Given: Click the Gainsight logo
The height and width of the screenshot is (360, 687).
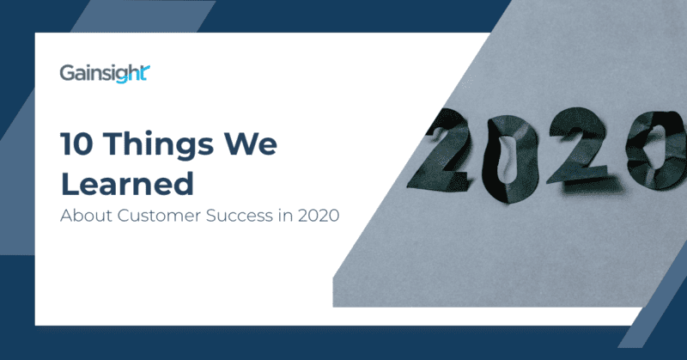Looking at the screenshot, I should (106, 73).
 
